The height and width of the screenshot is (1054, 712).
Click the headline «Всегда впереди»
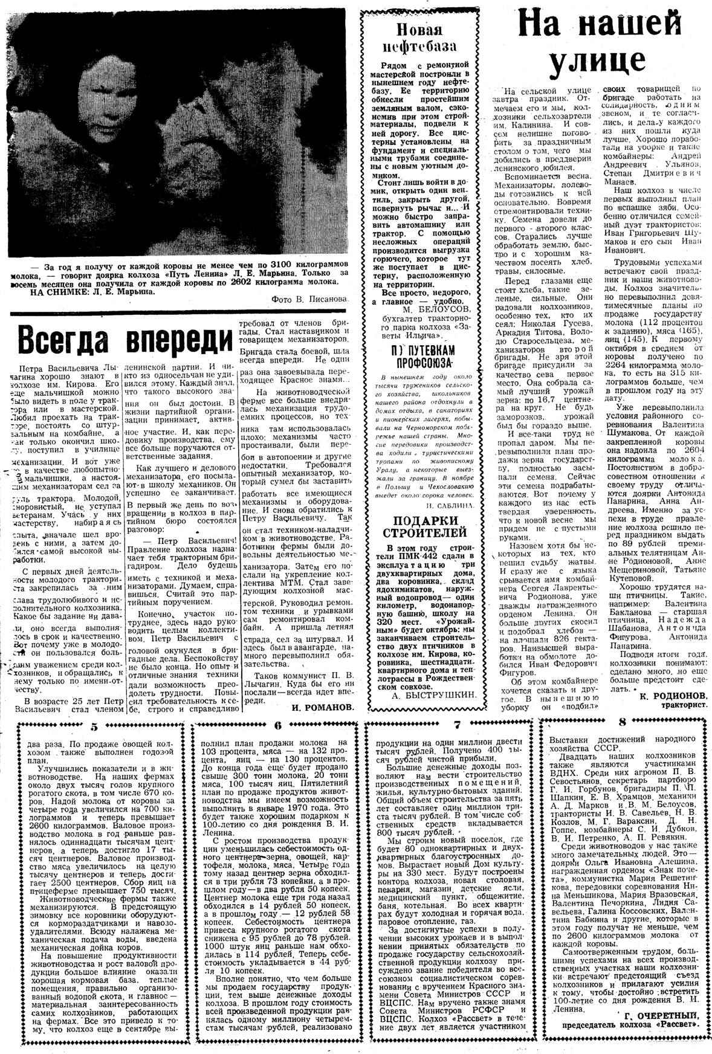pyautogui.click(x=125, y=340)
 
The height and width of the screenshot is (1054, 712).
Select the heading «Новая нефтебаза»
pyautogui.click(x=418, y=37)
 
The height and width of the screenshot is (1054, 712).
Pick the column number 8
pyautogui.click(x=622, y=722)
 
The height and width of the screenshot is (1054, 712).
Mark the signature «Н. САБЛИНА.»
pyautogui.click(x=449, y=503)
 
